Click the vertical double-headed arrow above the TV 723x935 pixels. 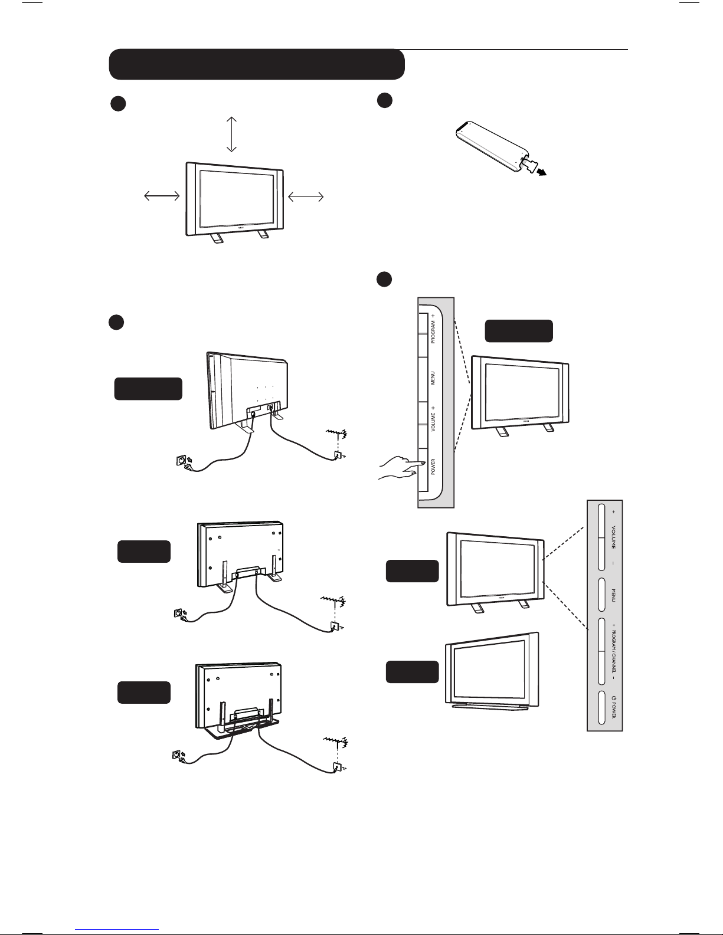point(231,134)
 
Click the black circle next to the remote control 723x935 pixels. point(385,100)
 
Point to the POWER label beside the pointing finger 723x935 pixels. point(433,467)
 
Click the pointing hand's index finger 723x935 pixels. point(416,465)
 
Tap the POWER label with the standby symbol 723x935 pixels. point(614,707)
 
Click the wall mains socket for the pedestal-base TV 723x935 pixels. point(176,754)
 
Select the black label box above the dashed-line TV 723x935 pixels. point(519,331)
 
